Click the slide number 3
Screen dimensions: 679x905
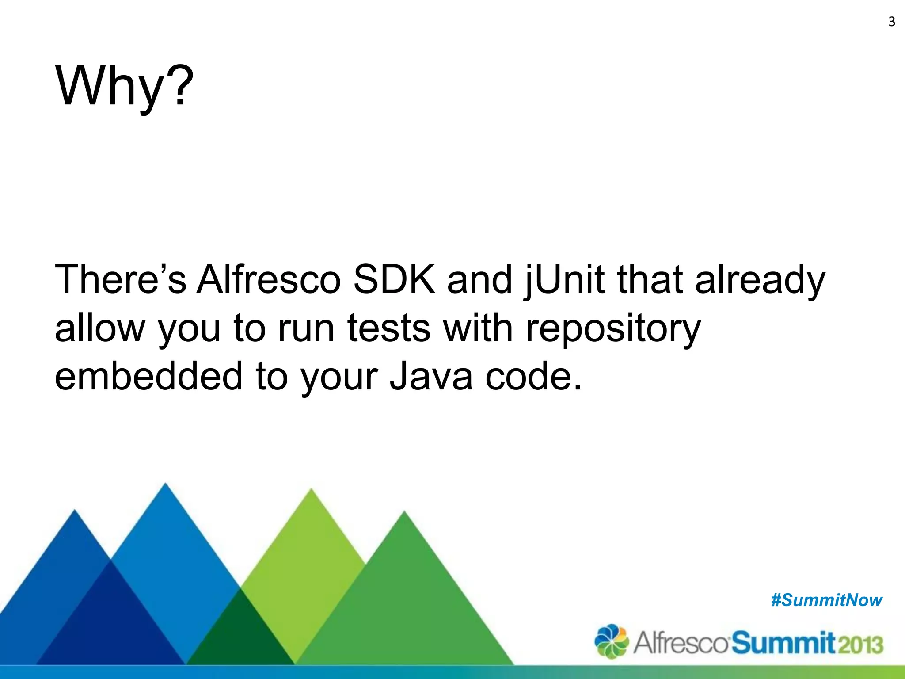click(x=891, y=22)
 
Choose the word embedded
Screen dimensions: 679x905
click(x=148, y=376)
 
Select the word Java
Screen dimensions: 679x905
click(x=430, y=376)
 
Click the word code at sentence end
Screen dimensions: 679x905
click(x=532, y=376)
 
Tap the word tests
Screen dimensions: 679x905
click(x=388, y=328)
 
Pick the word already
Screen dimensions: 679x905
click(x=760, y=281)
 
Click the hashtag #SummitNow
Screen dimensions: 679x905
click(x=826, y=600)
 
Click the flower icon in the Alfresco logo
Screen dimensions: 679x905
click(x=611, y=641)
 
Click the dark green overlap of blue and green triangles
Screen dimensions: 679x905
click(x=241, y=628)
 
